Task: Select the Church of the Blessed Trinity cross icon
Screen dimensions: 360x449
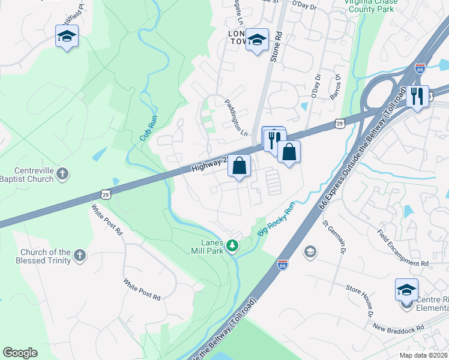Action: (x=80, y=257)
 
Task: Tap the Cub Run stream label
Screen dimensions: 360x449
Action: (x=148, y=128)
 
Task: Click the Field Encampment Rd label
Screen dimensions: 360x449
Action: (x=403, y=247)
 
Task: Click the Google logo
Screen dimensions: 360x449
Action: (x=20, y=353)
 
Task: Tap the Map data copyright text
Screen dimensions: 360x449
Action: (x=424, y=355)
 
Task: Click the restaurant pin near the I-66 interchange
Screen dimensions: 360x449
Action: (x=417, y=96)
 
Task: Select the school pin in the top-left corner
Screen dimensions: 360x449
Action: (x=67, y=37)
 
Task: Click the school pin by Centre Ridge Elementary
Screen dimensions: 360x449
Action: (x=406, y=290)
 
